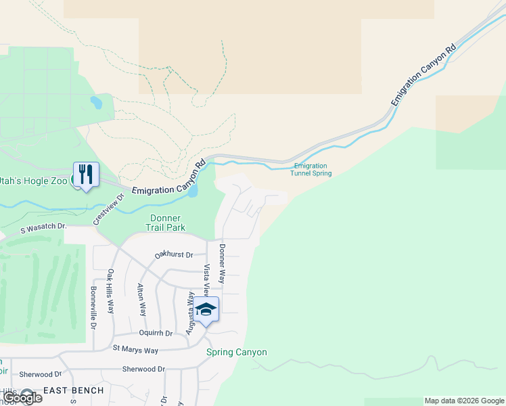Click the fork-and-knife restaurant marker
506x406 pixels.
pyautogui.click(x=86, y=175)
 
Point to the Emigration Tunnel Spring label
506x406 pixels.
pyautogui.click(x=311, y=169)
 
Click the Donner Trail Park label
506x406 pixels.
pyautogui.click(x=165, y=223)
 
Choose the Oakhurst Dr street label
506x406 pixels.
pyautogui.click(x=174, y=255)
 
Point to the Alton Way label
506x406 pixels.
pyautogui.click(x=142, y=300)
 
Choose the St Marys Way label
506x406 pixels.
pyautogui.click(x=135, y=350)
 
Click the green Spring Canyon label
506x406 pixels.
pyautogui.click(x=237, y=353)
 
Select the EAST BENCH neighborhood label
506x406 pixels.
pyautogui.click(x=74, y=390)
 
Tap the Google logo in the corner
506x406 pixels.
pyautogui.click(x=22, y=398)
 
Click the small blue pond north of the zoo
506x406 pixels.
pyautogui.click(x=96, y=103)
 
